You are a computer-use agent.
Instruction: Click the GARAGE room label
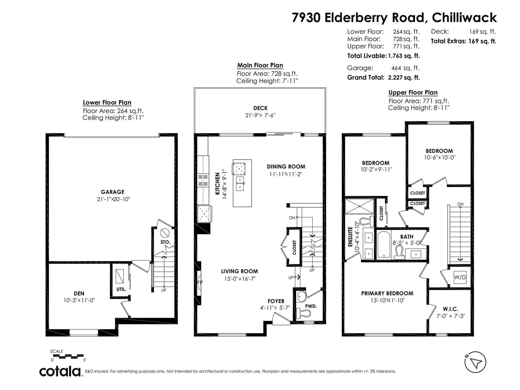[x=112, y=192]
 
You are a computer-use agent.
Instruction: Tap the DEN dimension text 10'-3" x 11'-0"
[x=79, y=300]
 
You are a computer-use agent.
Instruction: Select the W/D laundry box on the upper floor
[x=460, y=277]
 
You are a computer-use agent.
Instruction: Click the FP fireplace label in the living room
[x=200, y=282]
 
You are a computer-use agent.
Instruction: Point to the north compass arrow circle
[x=475, y=362]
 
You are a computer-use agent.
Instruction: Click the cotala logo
[x=60, y=371]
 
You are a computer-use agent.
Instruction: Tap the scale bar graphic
[x=67, y=356]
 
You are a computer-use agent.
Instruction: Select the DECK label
[x=260, y=108]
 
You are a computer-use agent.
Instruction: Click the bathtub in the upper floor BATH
[x=383, y=244]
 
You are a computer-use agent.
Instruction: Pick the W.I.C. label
[x=450, y=309]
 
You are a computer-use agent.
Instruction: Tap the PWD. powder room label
[x=311, y=306]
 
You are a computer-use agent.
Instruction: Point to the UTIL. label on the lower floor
[x=121, y=289]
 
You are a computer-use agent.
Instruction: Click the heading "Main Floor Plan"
[x=260, y=65]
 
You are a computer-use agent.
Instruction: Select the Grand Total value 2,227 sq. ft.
[x=404, y=78]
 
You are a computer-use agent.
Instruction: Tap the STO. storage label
[x=165, y=242]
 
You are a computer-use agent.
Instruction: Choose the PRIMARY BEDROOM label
[x=387, y=293]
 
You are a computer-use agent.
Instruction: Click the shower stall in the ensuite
[x=359, y=206]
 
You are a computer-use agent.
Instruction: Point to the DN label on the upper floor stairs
[x=460, y=204]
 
